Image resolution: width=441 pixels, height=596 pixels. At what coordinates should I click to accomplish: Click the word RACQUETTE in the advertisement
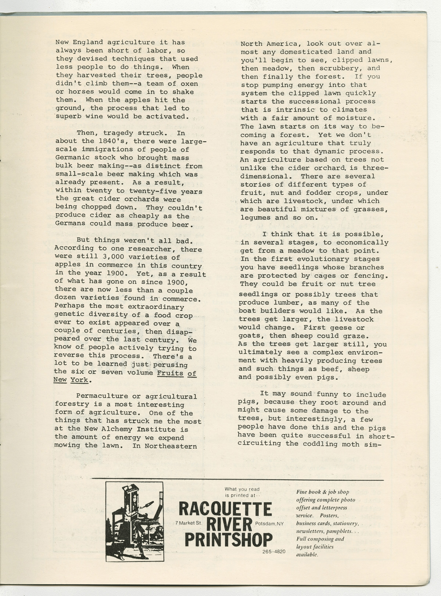(225, 509)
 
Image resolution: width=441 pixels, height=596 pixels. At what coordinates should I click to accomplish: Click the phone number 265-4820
(274, 552)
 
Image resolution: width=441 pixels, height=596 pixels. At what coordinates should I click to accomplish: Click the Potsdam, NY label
(269, 523)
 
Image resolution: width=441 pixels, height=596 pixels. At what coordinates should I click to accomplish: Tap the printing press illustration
(135, 521)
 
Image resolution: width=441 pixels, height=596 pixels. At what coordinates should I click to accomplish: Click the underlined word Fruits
(170, 373)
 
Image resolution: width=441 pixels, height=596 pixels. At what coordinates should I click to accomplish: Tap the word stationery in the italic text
(343, 523)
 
